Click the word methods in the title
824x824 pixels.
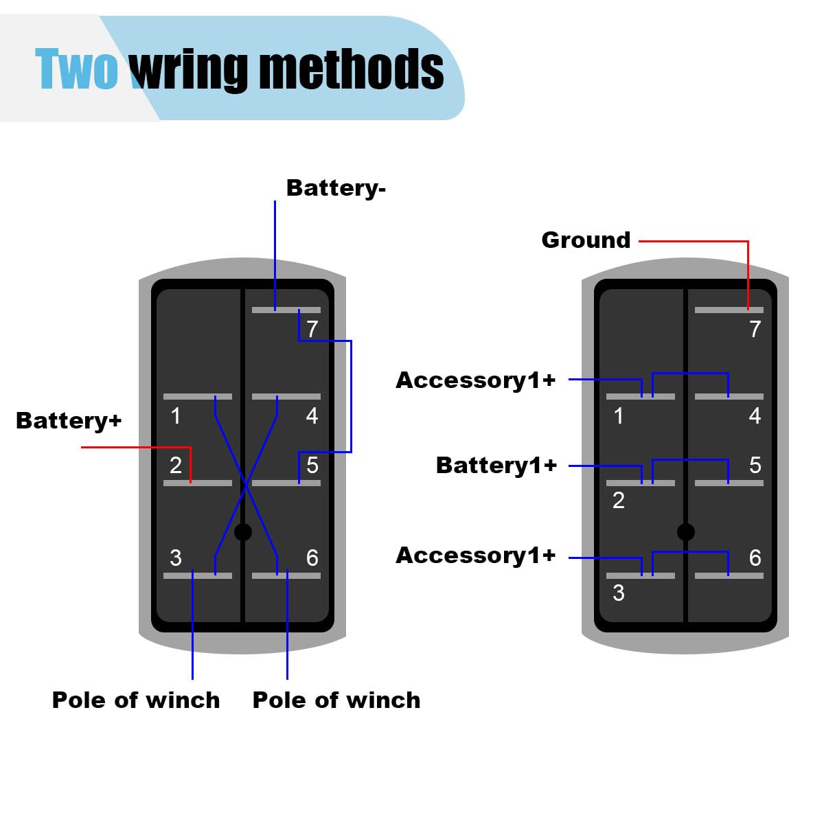(x=352, y=69)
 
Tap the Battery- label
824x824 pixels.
(x=336, y=189)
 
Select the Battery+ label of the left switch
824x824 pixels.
(x=69, y=420)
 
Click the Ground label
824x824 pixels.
(x=586, y=240)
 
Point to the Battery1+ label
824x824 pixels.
(x=496, y=466)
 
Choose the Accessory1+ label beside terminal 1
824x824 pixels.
(x=475, y=380)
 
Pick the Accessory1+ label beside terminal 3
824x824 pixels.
(x=475, y=556)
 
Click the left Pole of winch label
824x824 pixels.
(x=136, y=700)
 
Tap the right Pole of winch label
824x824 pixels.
(x=336, y=700)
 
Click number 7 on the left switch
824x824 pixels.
(x=312, y=329)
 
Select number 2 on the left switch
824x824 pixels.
(x=176, y=466)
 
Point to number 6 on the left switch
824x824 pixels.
(x=312, y=558)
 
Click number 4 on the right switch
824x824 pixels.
(x=755, y=415)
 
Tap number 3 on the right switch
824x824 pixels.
(x=619, y=593)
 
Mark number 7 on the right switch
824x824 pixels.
(x=755, y=329)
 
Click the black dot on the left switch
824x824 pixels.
(x=243, y=532)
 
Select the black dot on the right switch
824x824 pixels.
(x=686, y=532)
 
